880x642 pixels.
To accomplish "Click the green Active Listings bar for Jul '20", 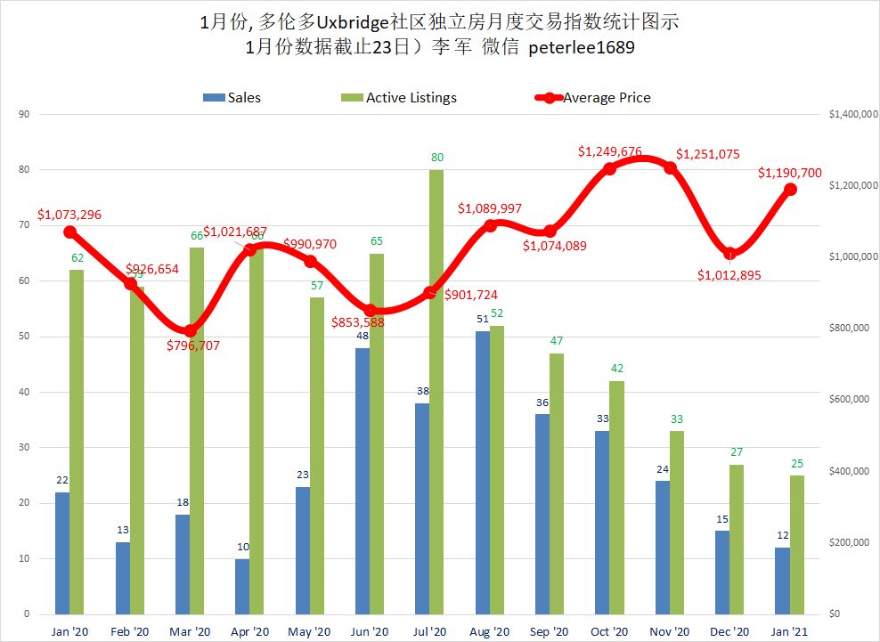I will (x=436, y=392).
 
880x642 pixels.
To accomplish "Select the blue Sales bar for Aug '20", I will (x=482, y=472).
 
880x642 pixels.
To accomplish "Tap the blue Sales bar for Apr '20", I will (x=242, y=586).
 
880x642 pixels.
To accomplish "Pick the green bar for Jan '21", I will (x=797, y=545).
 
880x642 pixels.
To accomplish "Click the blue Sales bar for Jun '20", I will (x=363, y=481).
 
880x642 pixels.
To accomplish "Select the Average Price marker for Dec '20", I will (x=730, y=253).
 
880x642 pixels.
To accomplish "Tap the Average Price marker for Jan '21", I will (x=790, y=189).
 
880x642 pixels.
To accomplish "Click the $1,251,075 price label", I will (x=707, y=154).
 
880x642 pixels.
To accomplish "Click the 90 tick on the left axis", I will (x=24, y=114).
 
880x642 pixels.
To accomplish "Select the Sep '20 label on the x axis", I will (x=550, y=631).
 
